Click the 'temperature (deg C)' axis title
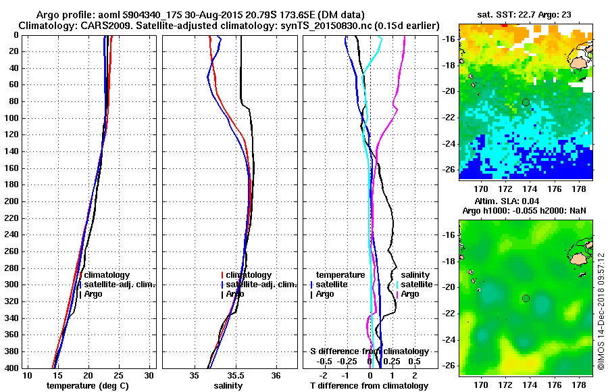[x=87, y=386]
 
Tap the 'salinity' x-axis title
[x=229, y=386]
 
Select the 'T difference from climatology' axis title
[x=370, y=386]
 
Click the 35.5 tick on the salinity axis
[x=235, y=376]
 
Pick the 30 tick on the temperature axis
[x=149, y=376]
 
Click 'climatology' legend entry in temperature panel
[x=111, y=275]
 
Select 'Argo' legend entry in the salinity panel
[x=235, y=294]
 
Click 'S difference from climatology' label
[x=370, y=351]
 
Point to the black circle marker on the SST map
[x=526, y=102]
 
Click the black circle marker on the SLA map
[x=526, y=298]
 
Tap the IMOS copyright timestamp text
[x=601, y=312]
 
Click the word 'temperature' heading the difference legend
[x=340, y=275]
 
